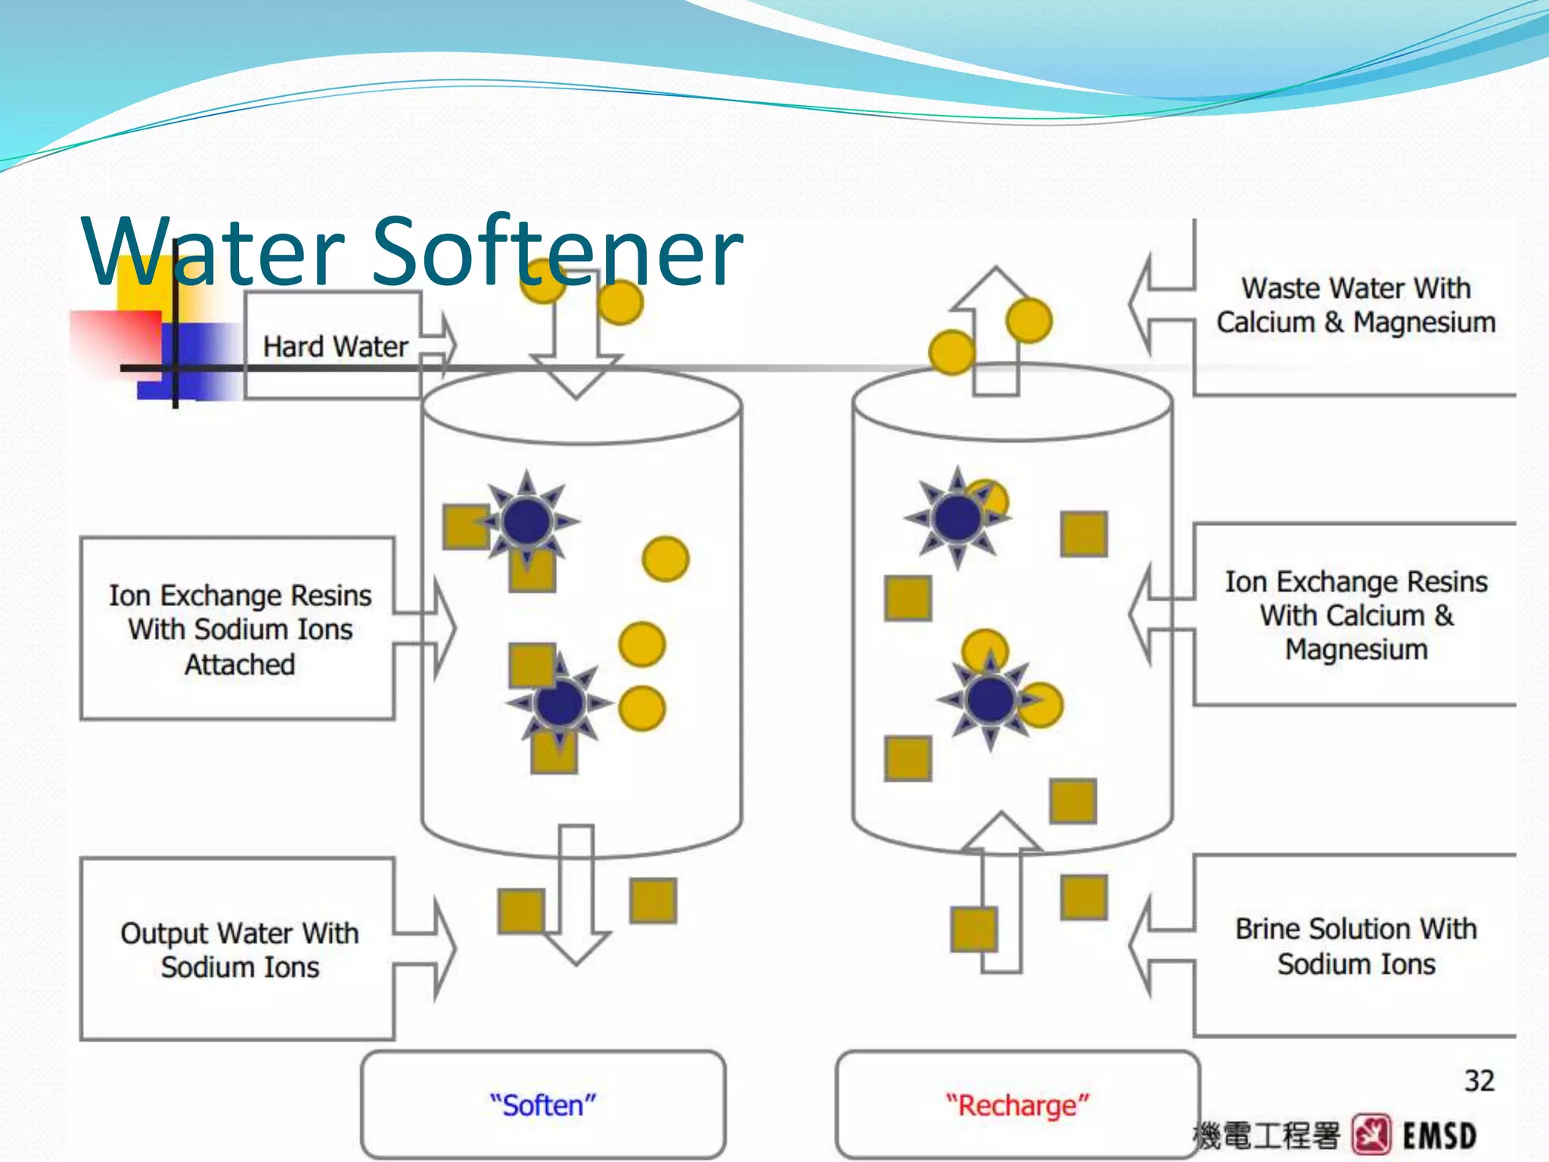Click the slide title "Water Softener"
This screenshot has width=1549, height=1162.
[413, 251]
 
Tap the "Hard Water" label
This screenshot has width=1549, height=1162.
[335, 346]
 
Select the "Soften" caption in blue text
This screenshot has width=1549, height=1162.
[543, 1105]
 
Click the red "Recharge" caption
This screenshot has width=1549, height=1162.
[1017, 1105]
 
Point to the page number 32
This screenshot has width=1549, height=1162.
[1479, 1081]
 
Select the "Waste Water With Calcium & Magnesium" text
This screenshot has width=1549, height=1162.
[1355, 305]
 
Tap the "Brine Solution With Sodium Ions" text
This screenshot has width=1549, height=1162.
[1355, 946]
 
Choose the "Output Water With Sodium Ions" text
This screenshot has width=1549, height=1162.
[240, 950]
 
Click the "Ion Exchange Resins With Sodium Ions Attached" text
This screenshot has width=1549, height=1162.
[240, 629]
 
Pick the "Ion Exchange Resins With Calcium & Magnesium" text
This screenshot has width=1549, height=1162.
[1355, 615]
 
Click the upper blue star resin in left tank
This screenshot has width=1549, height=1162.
[527, 520]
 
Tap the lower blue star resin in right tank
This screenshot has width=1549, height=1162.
[990, 700]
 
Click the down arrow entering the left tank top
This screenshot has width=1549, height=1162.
[576, 356]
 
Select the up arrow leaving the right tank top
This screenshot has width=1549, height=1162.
[996, 333]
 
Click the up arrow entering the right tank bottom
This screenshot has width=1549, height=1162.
[1001, 893]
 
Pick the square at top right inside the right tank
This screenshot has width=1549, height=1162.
[1084, 534]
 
